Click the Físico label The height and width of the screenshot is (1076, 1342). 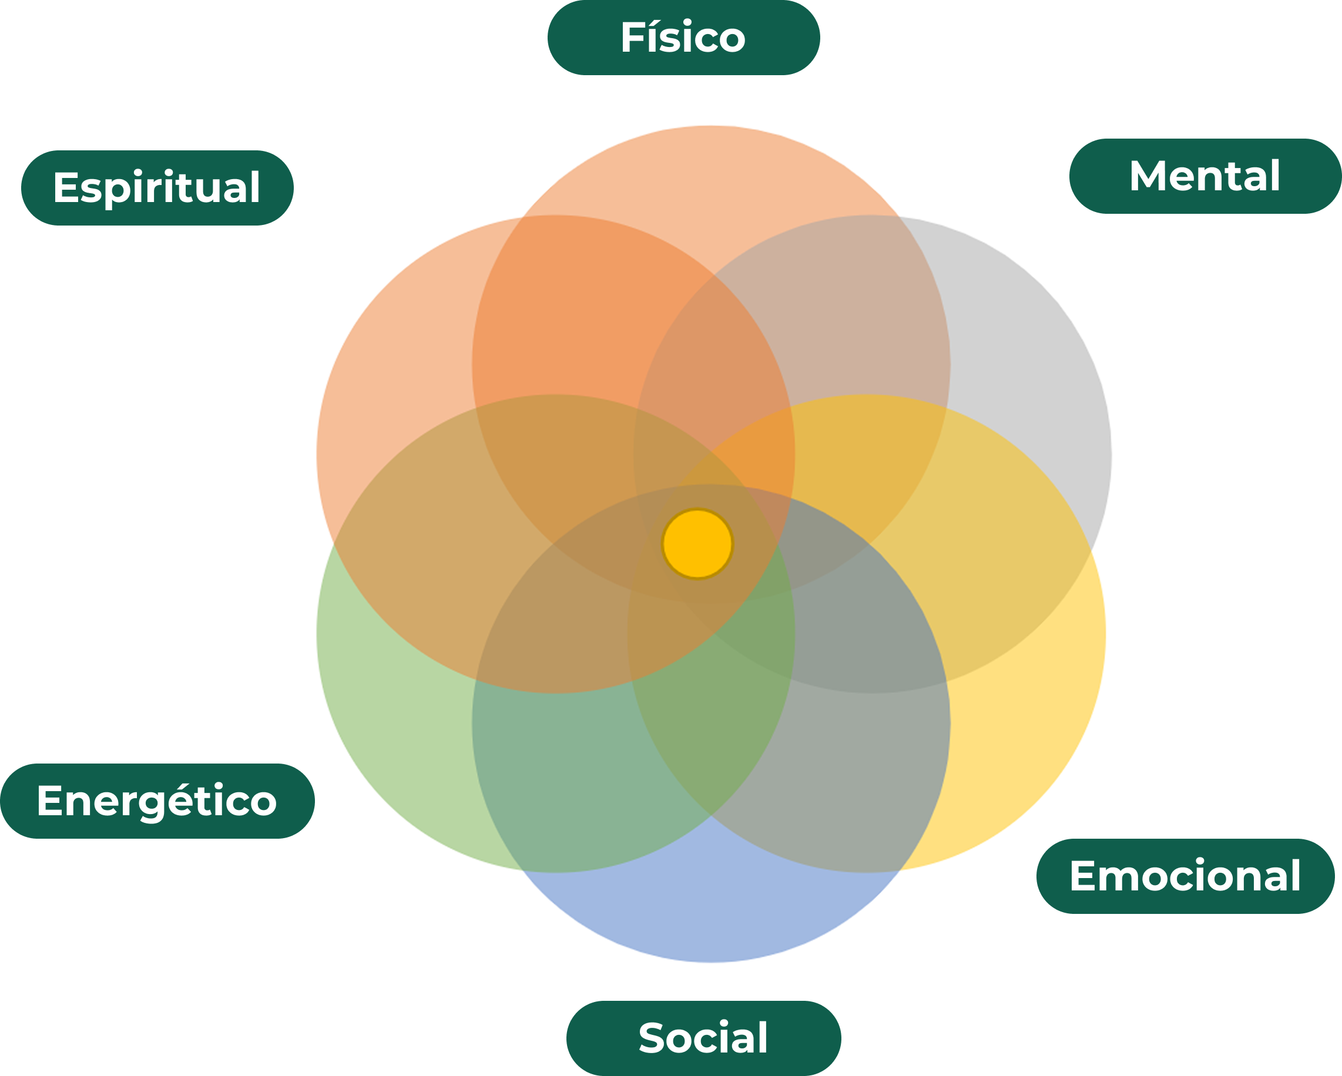(683, 38)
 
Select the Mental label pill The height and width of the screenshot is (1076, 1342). (1205, 176)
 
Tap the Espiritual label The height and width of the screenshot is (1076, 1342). (157, 187)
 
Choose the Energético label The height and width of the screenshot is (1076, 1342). (157, 801)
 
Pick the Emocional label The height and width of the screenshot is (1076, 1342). (1185, 876)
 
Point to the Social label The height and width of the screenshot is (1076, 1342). (703, 1038)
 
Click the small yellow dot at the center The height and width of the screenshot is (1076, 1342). (697, 544)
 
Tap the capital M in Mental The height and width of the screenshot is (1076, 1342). (1146, 176)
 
